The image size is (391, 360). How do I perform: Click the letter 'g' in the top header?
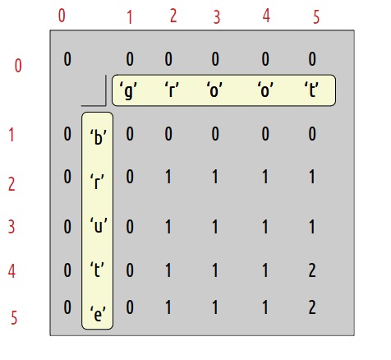pyautogui.click(x=128, y=91)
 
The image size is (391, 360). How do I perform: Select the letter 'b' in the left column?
pyautogui.click(x=98, y=137)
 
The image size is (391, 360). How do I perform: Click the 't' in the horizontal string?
pyautogui.click(x=311, y=90)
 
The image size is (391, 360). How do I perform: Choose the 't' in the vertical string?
pyautogui.click(x=97, y=270)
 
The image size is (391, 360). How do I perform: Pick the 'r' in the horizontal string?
pyautogui.click(x=172, y=90)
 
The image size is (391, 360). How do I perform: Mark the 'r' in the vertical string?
pyautogui.click(x=97, y=182)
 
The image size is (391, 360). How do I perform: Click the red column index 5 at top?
pyautogui.click(x=316, y=17)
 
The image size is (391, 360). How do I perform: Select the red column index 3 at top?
pyautogui.click(x=217, y=17)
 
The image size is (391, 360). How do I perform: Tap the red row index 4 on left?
pyautogui.click(x=11, y=271)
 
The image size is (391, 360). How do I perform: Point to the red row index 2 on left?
pyautogui.click(x=11, y=184)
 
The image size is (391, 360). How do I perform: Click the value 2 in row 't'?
pyautogui.click(x=312, y=270)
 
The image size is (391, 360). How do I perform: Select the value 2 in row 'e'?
pyautogui.click(x=312, y=307)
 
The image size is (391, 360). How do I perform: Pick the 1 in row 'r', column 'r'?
pyautogui.click(x=168, y=177)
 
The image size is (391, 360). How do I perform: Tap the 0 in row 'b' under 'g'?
pyautogui.click(x=130, y=134)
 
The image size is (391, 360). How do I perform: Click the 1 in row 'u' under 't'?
pyautogui.click(x=312, y=227)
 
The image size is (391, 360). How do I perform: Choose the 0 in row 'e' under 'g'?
pyautogui.click(x=130, y=307)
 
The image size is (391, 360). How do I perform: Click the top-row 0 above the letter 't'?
pyautogui.click(x=312, y=59)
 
